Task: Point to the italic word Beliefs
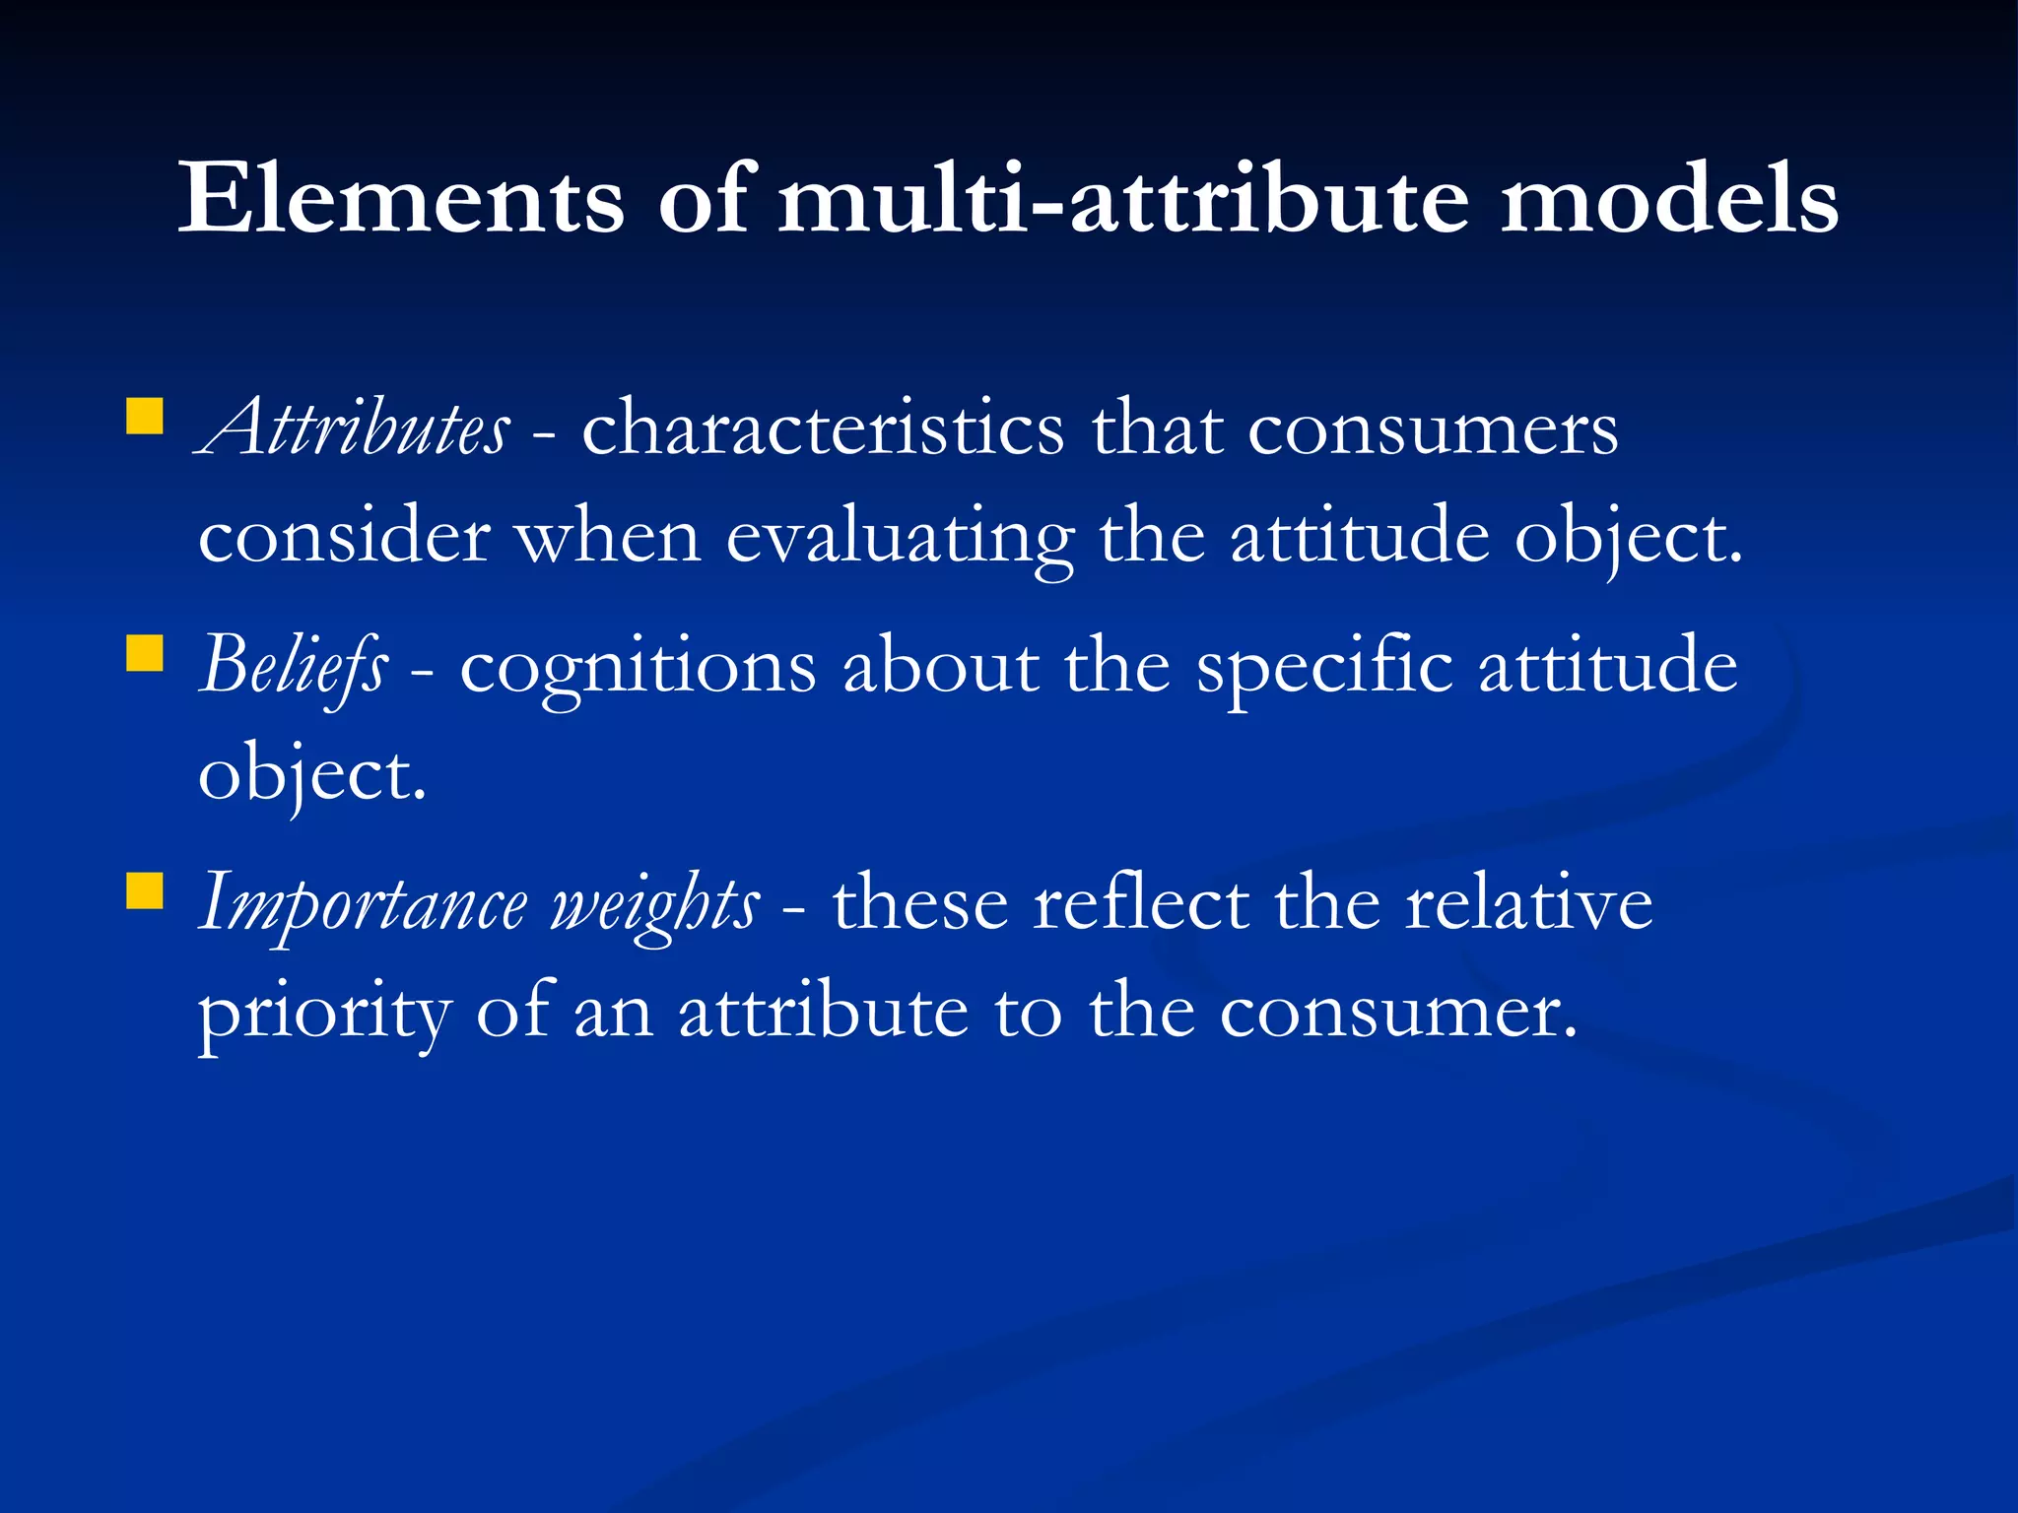pyautogui.click(x=294, y=666)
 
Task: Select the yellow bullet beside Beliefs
pyautogui.click(x=145, y=653)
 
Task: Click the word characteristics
pyautogui.click(x=823, y=428)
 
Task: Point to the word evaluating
pyautogui.click(x=900, y=539)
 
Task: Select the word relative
pyautogui.click(x=1528, y=902)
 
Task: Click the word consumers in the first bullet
pyautogui.click(x=1433, y=430)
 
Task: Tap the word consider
pyautogui.click(x=344, y=537)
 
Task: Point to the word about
pyautogui.click(x=941, y=666)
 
